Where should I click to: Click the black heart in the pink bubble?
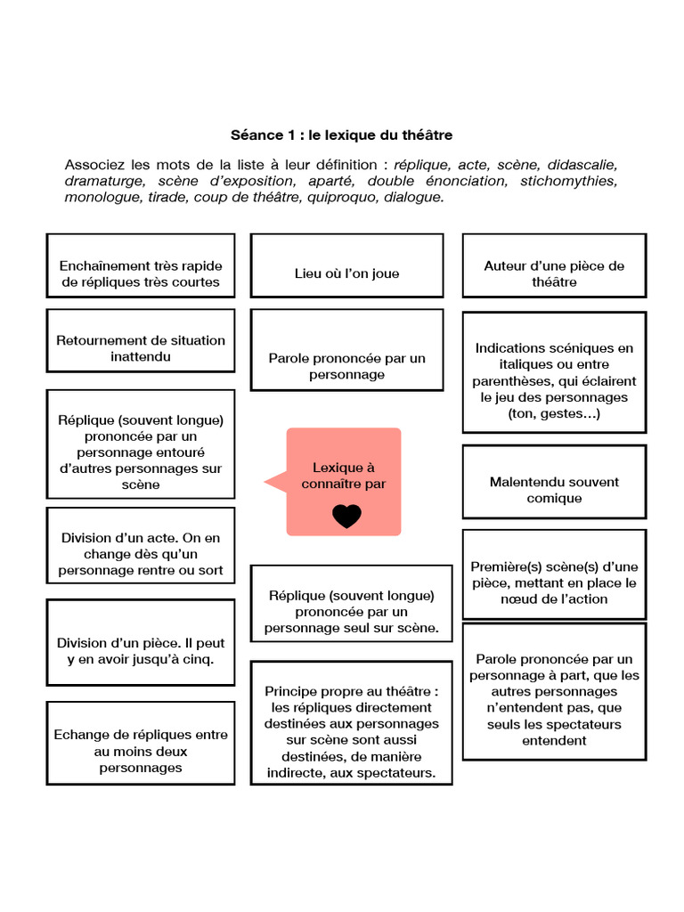click(346, 516)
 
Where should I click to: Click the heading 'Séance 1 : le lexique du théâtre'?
click(341, 135)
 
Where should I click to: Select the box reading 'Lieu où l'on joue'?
click(346, 265)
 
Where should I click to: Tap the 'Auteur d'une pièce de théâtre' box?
click(554, 265)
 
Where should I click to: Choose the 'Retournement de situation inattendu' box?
click(141, 340)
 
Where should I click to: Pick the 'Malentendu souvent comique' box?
click(554, 482)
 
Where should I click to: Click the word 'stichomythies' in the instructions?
click(568, 181)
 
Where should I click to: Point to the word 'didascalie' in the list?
click(582, 165)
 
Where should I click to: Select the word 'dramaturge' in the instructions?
click(105, 181)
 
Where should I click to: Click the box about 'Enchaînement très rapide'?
click(141, 265)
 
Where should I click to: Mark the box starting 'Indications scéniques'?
click(554, 372)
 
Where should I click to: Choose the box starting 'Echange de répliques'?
click(141, 743)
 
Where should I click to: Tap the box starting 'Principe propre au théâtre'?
click(351, 723)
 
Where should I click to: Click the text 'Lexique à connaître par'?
click(344, 476)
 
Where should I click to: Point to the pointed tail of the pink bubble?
click(265, 482)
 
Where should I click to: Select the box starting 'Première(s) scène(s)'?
click(554, 574)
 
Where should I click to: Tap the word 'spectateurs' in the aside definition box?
click(587, 725)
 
